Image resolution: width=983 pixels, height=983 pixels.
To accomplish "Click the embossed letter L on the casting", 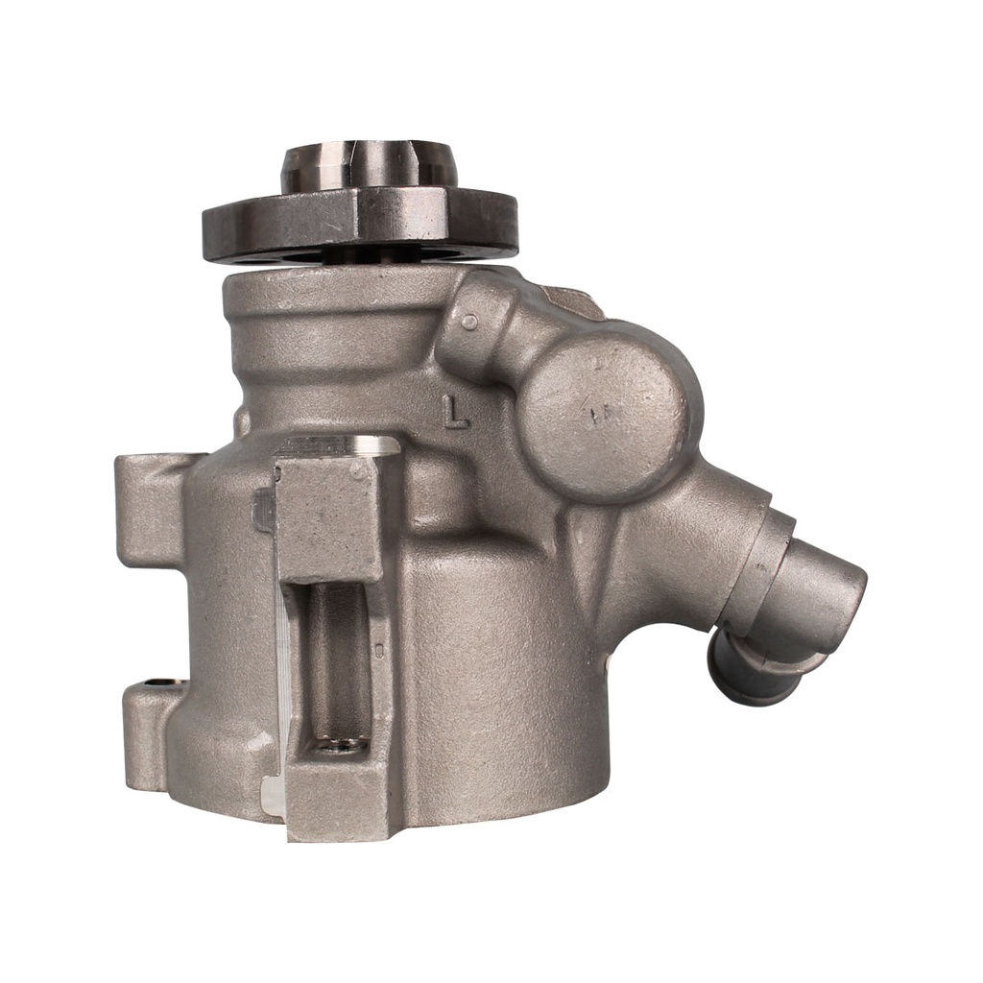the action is pos(455,411).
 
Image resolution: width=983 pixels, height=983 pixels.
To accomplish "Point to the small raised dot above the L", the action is pos(472,323).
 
